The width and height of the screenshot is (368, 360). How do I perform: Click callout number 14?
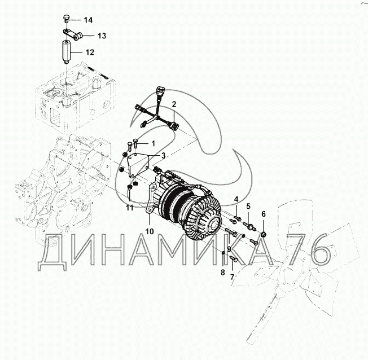tap(88, 20)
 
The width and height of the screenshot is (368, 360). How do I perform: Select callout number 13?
tap(102, 36)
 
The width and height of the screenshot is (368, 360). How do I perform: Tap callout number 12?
tap(89, 52)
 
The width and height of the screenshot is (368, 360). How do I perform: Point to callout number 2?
tap(174, 104)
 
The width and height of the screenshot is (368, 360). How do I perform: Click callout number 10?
tap(150, 231)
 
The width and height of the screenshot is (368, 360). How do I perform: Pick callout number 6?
tap(264, 214)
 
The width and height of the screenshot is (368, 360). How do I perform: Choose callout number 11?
tap(130, 208)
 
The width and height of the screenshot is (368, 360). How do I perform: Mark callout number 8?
tap(223, 272)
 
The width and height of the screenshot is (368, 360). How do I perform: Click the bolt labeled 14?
tap(66, 18)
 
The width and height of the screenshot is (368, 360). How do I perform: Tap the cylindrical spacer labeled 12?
tap(66, 52)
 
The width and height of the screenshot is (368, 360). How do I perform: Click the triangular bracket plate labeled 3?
tap(138, 165)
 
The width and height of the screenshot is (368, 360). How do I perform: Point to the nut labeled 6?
tap(264, 234)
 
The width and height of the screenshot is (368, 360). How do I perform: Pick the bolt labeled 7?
tap(233, 258)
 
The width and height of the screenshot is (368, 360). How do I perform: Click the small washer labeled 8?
tap(224, 253)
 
